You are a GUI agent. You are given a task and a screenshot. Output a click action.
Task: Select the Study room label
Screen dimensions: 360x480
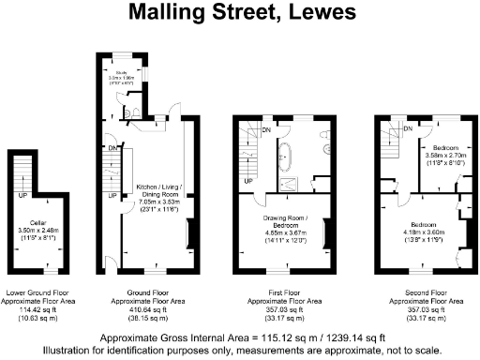tap(121, 70)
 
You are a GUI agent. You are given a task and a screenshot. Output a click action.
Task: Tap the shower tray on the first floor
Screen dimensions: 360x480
tap(285, 181)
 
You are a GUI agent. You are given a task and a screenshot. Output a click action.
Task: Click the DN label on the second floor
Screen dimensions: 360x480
tap(408, 127)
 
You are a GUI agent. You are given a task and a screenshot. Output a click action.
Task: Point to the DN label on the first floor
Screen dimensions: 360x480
tap(266, 130)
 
